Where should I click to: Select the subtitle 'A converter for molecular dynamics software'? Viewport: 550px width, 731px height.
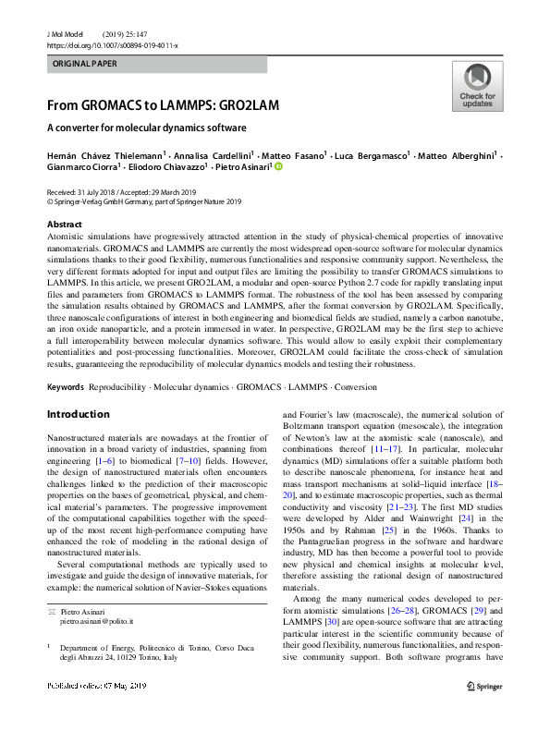[x=147, y=128]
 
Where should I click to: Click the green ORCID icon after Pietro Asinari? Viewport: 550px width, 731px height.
[x=277, y=168]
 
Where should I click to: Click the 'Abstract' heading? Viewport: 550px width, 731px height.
[x=66, y=225]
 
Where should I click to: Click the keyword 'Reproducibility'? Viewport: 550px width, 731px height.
[x=128, y=385]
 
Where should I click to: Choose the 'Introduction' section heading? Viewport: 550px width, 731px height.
[x=78, y=414]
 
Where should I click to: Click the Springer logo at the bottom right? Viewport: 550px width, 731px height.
[x=483, y=685]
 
